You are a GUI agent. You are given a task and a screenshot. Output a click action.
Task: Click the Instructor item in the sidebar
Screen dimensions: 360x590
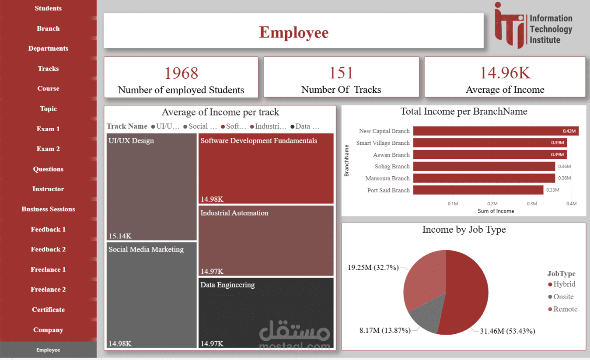coord(48,189)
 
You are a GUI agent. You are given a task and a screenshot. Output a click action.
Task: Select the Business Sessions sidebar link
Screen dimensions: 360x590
coord(48,209)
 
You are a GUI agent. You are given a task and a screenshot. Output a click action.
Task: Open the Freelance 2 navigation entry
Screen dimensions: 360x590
coord(48,290)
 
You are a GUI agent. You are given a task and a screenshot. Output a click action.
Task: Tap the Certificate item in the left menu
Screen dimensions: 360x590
coord(48,310)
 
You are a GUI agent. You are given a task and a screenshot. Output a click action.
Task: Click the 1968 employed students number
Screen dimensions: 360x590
coord(181,73)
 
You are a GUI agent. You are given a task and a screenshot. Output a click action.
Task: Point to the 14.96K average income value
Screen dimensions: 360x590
coord(505,73)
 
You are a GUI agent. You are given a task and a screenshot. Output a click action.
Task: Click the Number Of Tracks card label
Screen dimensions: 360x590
coord(341,90)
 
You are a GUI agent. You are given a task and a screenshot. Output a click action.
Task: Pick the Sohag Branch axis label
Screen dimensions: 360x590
coord(392,167)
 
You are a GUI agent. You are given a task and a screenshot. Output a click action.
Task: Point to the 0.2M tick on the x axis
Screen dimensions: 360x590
coord(492,204)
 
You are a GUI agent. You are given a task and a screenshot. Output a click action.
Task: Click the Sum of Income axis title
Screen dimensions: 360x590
coord(496,211)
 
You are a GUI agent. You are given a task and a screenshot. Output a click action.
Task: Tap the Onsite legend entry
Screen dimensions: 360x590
coord(563,297)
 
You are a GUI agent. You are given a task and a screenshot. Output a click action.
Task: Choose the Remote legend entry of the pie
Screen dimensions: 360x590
coord(565,309)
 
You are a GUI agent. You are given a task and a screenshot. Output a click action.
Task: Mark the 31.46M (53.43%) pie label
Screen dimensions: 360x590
coord(507,331)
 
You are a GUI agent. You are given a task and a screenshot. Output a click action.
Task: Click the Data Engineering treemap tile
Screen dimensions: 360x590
coord(266,313)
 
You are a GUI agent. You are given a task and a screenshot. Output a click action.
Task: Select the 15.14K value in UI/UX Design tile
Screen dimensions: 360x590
coord(120,236)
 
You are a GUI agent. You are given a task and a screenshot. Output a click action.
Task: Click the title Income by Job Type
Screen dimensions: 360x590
coord(464,230)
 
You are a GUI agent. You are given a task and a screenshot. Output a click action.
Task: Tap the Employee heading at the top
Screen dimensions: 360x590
coord(293,32)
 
